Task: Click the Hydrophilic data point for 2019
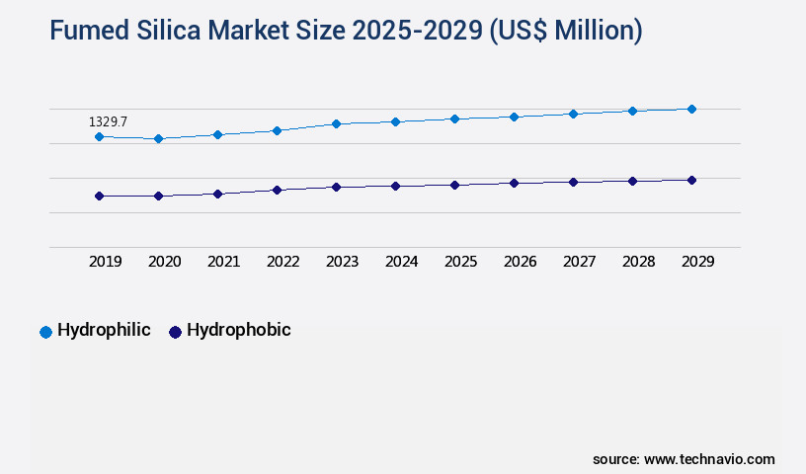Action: [99, 136]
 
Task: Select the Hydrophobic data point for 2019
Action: [99, 196]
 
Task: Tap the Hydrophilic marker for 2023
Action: [336, 123]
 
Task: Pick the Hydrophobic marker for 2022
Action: [277, 190]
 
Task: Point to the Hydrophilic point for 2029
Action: [691, 109]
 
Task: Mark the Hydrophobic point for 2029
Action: [691, 180]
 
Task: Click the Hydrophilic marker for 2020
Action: [158, 139]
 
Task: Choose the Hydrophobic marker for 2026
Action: [514, 183]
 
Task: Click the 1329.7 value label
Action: [108, 121]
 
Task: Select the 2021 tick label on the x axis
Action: [223, 262]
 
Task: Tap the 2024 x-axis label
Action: [401, 262]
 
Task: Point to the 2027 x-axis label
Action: [579, 262]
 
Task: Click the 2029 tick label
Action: [697, 262]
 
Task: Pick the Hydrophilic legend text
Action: [104, 330]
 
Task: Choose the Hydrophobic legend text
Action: [238, 330]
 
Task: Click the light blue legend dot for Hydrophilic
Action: [45, 332]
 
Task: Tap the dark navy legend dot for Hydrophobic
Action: [175, 332]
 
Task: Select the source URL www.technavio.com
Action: [709, 459]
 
